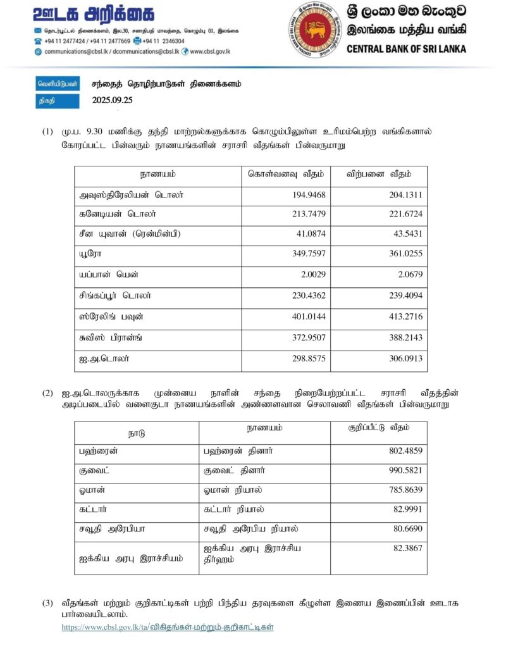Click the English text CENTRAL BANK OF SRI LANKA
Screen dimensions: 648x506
[406, 49]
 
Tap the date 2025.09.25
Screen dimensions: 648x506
[112, 100]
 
